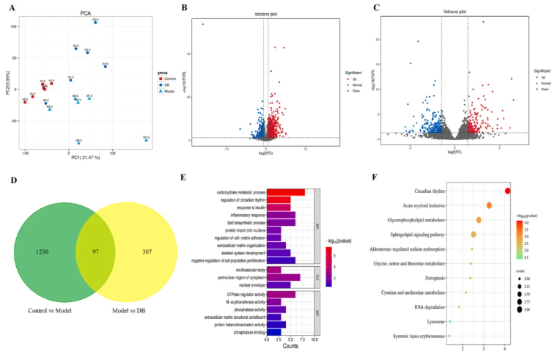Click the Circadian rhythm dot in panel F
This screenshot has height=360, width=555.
click(507, 191)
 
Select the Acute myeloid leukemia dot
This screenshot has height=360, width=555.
click(489, 205)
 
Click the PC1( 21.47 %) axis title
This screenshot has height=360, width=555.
click(87, 158)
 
